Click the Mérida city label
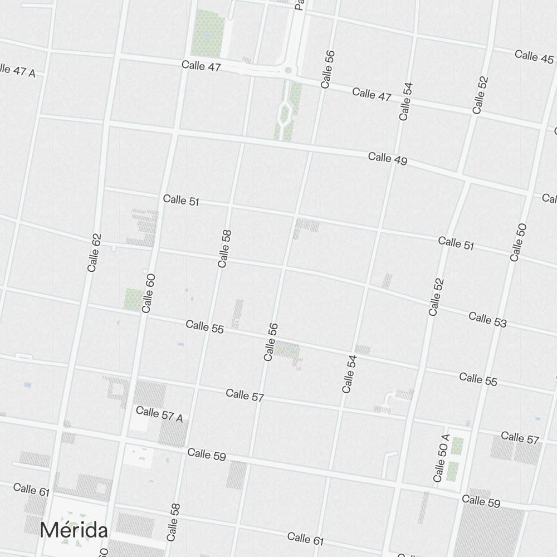tap(74, 529)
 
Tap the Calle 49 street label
tap(388, 159)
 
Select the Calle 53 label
tap(487, 320)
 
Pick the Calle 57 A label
tap(159, 414)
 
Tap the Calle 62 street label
tap(95, 252)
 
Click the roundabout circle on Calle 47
tap(288, 70)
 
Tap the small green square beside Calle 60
tap(133, 299)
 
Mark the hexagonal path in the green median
tap(285, 114)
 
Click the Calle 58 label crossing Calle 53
tap(224, 248)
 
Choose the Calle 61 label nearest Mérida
tap(31, 490)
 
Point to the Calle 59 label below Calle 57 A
tap(207, 455)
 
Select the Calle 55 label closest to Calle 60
tap(204, 326)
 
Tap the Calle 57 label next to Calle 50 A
tap(520, 438)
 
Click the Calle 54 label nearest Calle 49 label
tap(405, 101)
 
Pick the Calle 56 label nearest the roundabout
tap(328, 69)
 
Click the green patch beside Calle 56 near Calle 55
tap(287, 350)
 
